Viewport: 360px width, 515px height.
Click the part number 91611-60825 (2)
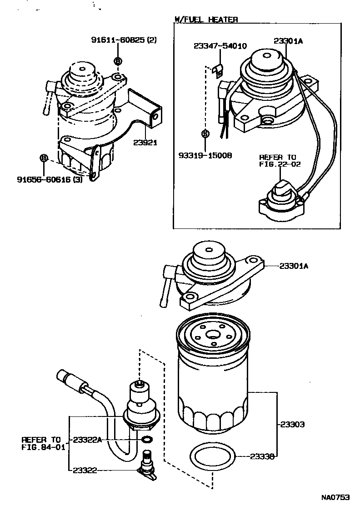click(124, 40)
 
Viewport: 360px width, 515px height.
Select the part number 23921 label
click(145, 142)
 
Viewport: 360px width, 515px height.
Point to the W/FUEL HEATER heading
click(206, 19)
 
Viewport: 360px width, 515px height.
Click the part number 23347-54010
click(220, 46)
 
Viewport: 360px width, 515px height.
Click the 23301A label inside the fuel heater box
click(288, 41)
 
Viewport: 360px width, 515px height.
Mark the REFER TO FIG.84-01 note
click(41, 443)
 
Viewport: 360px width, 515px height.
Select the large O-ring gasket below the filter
click(212, 457)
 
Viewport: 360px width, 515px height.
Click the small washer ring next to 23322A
click(147, 439)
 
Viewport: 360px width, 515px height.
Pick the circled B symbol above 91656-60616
click(44, 158)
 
